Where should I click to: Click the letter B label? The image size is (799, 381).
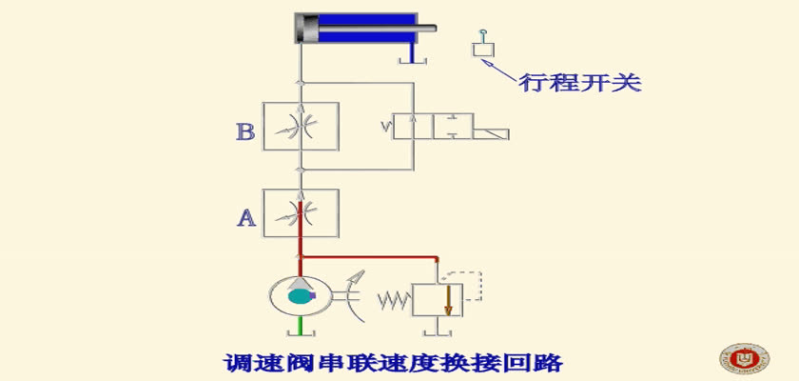[x=245, y=132]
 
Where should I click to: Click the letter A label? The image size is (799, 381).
[x=246, y=218]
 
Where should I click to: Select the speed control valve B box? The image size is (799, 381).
[x=301, y=126]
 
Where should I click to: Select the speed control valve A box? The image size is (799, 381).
[x=301, y=213]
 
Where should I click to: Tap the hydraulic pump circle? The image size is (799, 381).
[x=269, y=296]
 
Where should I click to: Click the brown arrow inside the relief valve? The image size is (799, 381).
[x=448, y=301]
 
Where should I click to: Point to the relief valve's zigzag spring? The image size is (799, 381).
[x=395, y=301]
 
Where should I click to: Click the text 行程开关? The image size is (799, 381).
[x=580, y=83]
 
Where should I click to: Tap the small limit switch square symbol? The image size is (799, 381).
[x=483, y=50]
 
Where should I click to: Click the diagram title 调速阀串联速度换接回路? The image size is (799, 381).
[x=393, y=363]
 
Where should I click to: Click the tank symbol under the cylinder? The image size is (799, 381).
[x=412, y=61]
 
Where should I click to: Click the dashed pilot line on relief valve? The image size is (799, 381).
[x=480, y=286]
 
